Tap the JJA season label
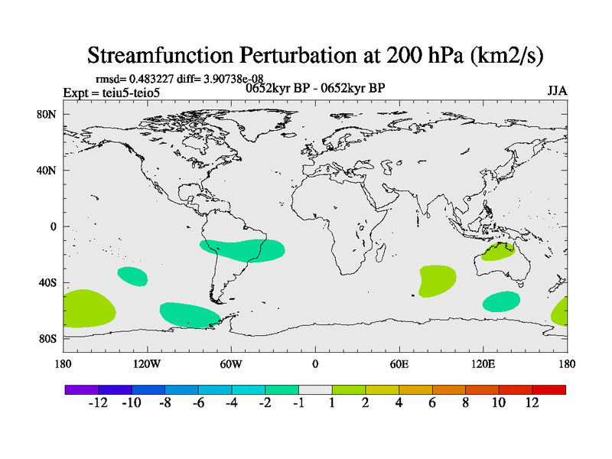557,90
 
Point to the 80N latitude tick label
47,114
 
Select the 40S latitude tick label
48,283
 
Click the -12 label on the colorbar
98,403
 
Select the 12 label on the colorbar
532,403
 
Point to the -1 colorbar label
298,403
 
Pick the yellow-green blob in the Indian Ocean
437,281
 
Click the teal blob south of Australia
501,301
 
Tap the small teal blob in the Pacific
132,275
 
